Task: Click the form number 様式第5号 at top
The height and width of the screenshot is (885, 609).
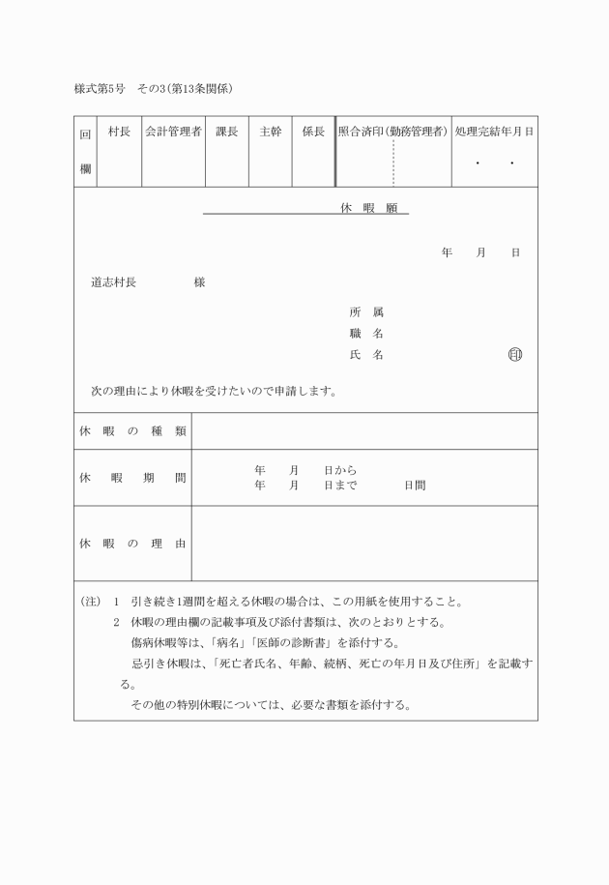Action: [x=100, y=88]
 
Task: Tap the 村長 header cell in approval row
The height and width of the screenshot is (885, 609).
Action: [x=119, y=132]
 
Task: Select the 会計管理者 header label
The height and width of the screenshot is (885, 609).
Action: [x=173, y=132]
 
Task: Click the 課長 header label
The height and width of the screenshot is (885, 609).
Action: [x=226, y=132]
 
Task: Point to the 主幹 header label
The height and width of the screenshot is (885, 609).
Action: [x=271, y=132]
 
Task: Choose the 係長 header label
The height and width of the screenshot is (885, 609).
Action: [x=313, y=132]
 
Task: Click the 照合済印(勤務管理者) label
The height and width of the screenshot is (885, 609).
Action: [x=392, y=132]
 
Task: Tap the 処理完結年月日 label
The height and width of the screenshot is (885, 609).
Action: [x=494, y=132]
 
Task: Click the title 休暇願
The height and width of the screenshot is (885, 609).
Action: [x=362, y=208]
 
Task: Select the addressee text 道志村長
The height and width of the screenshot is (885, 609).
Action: [x=113, y=282]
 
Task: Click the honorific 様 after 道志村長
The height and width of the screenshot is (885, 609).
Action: [x=199, y=282]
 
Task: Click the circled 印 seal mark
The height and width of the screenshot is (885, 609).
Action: [x=514, y=355]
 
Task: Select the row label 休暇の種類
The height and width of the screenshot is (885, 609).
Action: [x=132, y=431]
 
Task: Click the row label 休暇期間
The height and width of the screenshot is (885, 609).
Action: [x=132, y=478]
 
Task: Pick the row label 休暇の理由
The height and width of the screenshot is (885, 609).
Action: [x=132, y=544]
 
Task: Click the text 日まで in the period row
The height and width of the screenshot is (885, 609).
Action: [x=340, y=486]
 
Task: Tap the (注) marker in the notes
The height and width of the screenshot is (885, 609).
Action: [x=91, y=602]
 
